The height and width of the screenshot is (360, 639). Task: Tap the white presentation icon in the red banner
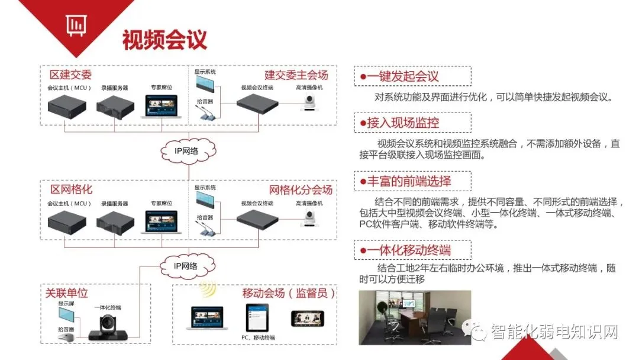click(75, 25)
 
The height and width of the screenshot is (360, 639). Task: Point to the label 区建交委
click(71, 75)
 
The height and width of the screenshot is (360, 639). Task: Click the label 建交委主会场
click(296, 75)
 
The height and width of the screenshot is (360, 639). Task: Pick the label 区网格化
click(71, 190)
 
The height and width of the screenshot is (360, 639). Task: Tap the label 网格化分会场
click(301, 190)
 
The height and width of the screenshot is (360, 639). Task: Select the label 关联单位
click(67, 293)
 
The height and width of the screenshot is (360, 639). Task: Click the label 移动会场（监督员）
click(289, 293)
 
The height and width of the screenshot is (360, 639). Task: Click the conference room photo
click(415, 317)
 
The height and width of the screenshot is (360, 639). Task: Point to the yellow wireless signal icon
click(207, 289)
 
